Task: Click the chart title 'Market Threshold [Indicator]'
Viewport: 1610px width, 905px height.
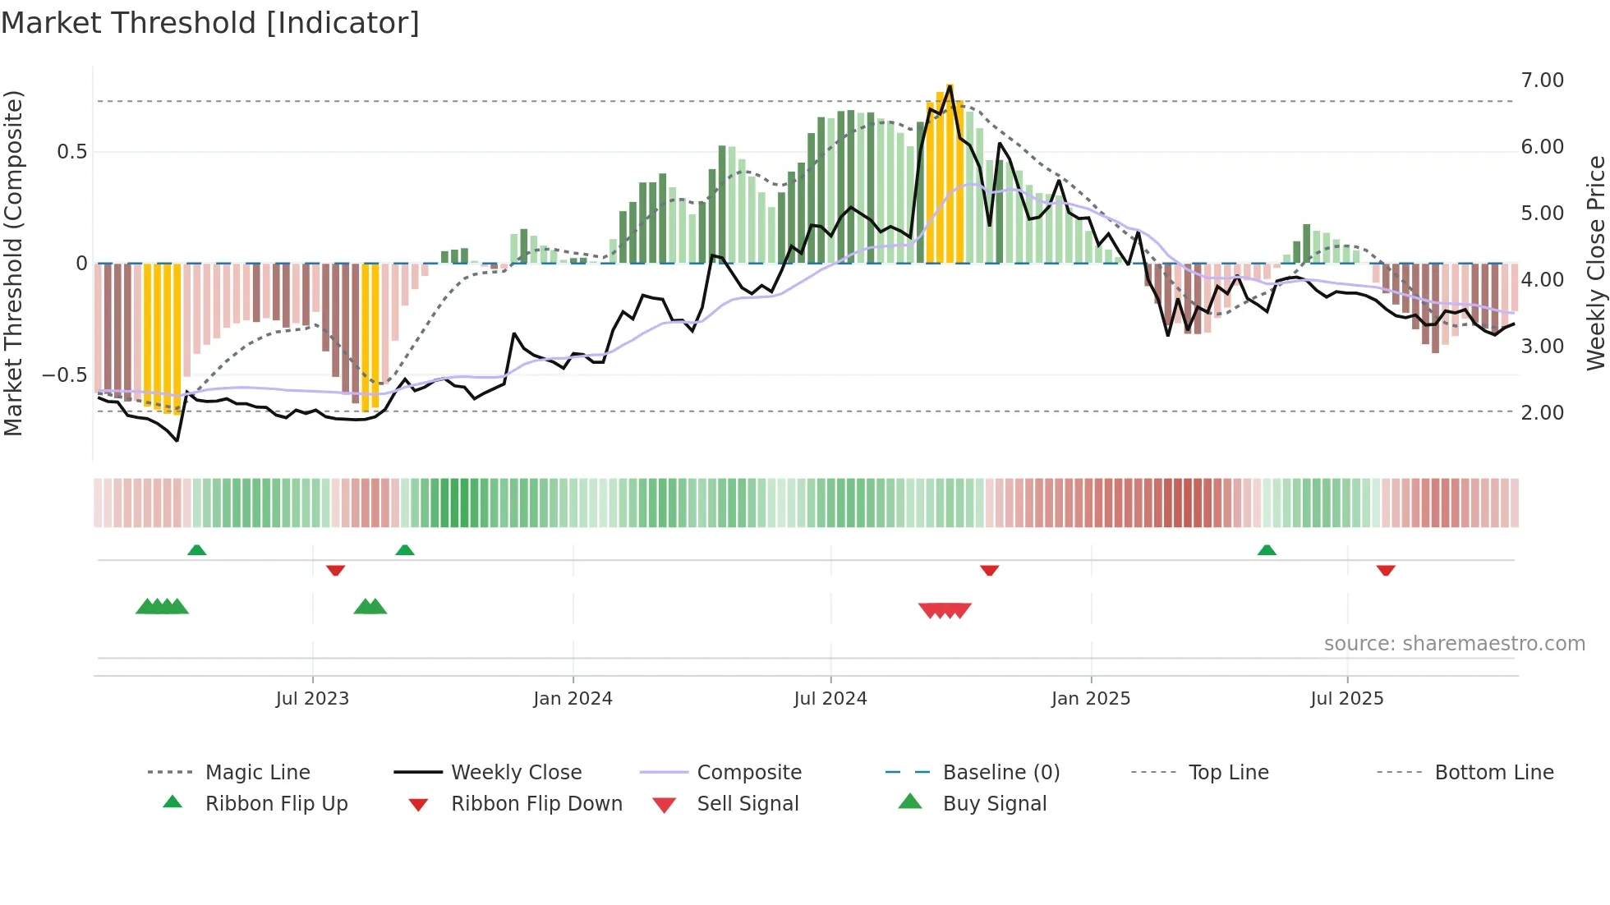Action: point(210,23)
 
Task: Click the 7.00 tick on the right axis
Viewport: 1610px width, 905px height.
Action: point(1542,80)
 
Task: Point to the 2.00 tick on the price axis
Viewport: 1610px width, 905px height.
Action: point(1542,413)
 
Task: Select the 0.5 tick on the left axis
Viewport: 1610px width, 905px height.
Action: point(71,152)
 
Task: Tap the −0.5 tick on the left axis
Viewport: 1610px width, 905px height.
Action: point(65,375)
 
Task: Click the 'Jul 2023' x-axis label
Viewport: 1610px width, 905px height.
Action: point(312,699)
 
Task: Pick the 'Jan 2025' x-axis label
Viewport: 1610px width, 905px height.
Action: point(1090,699)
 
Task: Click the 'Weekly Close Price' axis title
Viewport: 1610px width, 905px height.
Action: point(1595,263)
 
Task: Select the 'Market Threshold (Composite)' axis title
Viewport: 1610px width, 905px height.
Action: point(13,263)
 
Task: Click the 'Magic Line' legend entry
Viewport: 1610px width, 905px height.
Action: point(257,773)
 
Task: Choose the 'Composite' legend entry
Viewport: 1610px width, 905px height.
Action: point(748,773)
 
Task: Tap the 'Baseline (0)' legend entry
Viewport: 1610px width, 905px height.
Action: point(1000,773)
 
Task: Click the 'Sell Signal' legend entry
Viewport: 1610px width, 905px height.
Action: point(747,804)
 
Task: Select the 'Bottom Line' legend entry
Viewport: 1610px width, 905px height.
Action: point(1493,773)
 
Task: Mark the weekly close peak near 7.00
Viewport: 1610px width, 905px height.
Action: point(950,85)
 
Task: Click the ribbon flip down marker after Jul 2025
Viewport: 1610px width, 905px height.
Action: point(1386,570)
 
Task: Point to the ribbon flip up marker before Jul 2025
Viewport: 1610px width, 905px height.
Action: point(1267,550)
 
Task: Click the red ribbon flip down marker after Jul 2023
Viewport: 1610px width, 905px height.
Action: point(335,570)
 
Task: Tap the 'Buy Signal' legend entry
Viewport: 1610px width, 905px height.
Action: point(994,804)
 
